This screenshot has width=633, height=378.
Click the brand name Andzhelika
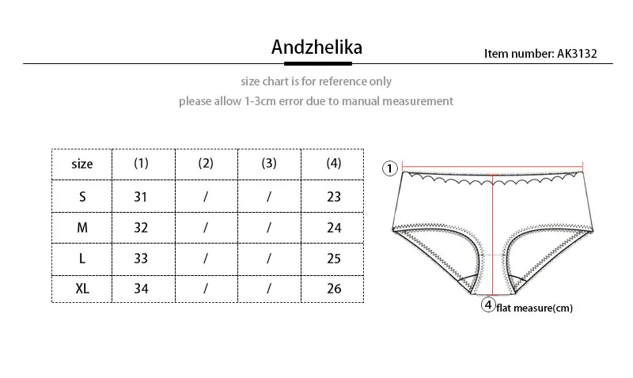[316, 47]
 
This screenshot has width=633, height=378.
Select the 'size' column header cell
[82, 164]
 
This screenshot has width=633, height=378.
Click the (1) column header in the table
[141, 164]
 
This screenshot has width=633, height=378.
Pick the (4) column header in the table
[334, 164]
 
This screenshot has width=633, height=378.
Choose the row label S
[82, 197]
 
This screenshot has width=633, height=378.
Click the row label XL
[82, 288]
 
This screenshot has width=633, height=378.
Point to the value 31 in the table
[141, 197]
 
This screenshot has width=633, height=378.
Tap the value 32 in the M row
[141, 228]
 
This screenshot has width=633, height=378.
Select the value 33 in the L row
[141, 258]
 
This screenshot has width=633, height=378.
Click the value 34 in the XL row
[141, 288]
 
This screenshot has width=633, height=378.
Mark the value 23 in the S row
[334, 197]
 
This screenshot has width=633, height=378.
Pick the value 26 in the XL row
[334, 288]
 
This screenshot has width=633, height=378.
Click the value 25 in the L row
[334, 258]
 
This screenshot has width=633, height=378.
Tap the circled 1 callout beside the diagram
[389, 168]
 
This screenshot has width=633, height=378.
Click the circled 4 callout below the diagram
[488, 305]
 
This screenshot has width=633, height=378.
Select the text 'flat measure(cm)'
[534, 308]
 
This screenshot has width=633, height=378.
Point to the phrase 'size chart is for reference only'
[316, 81]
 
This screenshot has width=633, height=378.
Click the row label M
[82, 228]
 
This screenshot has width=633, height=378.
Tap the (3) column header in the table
[269, 164]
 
